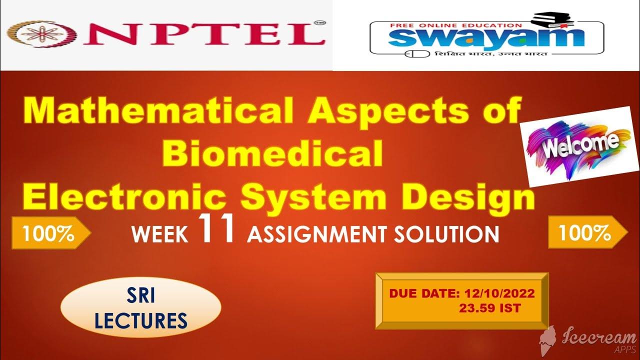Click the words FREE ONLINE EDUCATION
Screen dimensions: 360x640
point(459,25)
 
